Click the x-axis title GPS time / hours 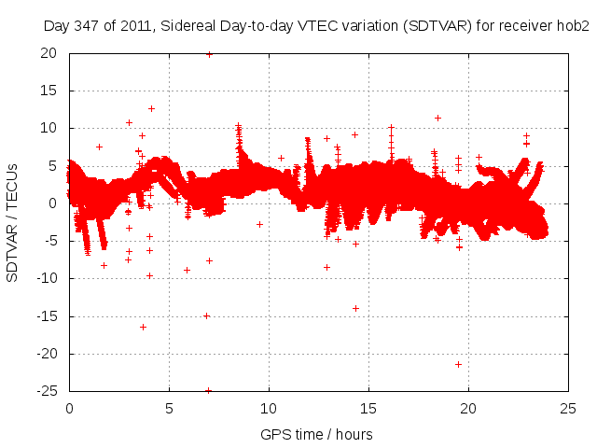point(316,434)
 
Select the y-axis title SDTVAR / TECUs point(12,222)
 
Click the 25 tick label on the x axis point(569,408)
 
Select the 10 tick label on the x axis point(269,408)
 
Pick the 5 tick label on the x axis point(169,408)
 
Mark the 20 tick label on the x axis point(469,408)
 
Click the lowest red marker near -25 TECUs point(208,390)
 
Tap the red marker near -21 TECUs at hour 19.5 point(458,364)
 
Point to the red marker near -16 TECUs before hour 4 point(143,327)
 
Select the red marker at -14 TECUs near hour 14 point(355,308)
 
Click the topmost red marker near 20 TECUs point(209,54)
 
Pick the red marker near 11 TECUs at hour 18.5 point(437,118)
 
